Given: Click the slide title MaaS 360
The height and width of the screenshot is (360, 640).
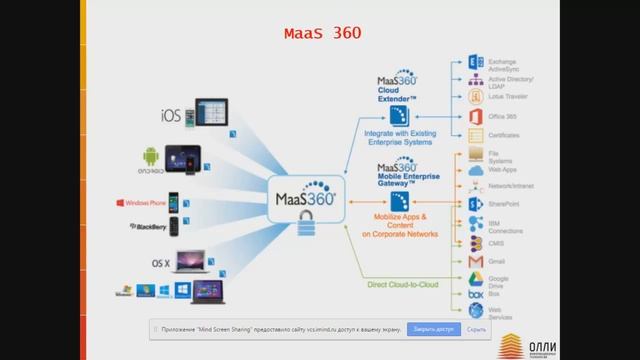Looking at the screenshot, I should coord(321,35).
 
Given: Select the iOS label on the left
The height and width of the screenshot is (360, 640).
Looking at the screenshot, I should coord(171,115).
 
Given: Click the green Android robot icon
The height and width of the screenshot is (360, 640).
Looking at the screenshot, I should coord(151,157).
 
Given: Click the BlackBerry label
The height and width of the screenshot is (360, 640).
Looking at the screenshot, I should coord(147,227).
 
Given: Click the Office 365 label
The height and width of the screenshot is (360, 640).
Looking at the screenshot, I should coord(502,116).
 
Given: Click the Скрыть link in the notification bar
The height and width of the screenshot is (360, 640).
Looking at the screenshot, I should coord(476,328).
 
